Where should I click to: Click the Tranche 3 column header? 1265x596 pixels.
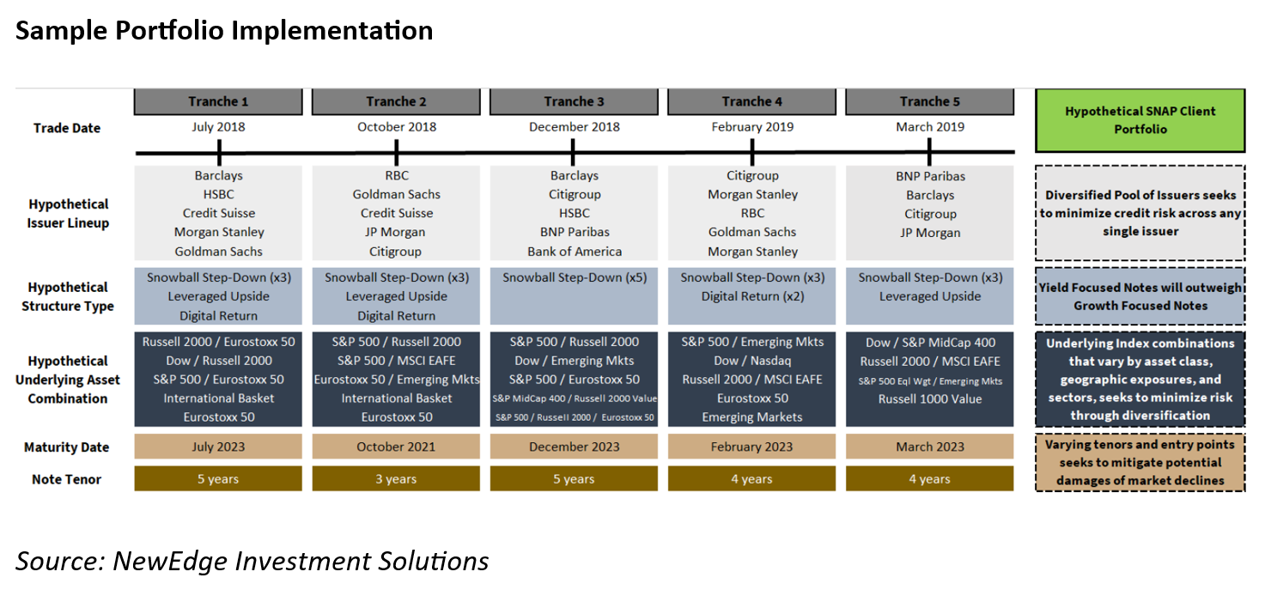(574, 101)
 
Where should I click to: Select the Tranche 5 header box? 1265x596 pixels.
(929, 101)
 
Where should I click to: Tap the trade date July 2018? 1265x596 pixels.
(218, 127)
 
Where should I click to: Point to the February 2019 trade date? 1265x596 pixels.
(752, 127)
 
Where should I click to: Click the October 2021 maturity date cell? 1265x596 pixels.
(396, 447)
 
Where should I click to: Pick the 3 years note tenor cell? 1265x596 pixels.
(396, 478)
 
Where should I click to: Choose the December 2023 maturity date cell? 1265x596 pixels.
(574, 447)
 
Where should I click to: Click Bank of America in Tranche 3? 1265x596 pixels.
(575, 252)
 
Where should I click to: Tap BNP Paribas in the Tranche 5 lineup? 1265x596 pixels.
(930, 176)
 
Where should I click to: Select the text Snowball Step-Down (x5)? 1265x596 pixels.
(575, 277)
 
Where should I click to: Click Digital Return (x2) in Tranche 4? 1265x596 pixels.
(752, 296)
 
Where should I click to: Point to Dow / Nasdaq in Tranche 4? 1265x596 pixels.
(752, 361)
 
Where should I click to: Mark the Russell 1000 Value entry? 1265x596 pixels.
(929, 398)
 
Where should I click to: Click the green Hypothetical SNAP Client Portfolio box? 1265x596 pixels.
(1140, 120)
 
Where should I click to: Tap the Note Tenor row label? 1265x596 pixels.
(67, 479)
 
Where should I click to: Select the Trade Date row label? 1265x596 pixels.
(67, 128)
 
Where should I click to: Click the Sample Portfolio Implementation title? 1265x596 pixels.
(224, 31)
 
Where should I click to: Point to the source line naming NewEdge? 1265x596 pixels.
(252, 561)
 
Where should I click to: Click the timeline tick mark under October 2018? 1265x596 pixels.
(397, 153)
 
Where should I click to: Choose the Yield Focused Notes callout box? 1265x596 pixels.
(1140, 296)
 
